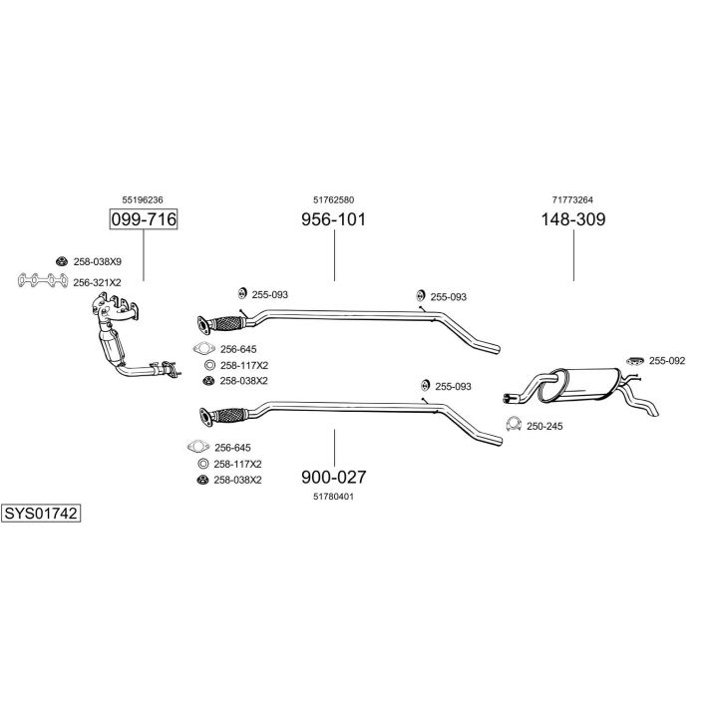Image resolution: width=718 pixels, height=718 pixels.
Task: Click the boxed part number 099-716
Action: (143, 219)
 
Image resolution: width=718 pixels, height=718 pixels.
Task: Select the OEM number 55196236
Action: (143, 199)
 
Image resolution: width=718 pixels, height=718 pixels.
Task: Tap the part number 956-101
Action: (333, 219)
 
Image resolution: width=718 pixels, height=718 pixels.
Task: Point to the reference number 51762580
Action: (333, 199)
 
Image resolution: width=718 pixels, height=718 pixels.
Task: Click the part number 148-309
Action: (573, 219)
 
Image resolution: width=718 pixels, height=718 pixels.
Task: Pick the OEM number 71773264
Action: (573, 199)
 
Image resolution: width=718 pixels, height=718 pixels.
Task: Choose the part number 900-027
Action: (333, 476)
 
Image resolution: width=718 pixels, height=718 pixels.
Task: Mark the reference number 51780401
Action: (333, 496)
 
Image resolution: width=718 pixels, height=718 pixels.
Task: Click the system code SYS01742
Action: (41, 514)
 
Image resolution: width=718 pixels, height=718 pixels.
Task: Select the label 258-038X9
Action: (97, 261)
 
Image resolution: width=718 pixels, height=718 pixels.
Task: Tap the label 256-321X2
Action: (97, 282)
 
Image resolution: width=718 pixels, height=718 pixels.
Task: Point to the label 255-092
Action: (667, 360)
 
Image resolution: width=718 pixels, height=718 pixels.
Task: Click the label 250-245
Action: (545, 426)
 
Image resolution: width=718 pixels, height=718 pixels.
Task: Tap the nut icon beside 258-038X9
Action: (61, 261)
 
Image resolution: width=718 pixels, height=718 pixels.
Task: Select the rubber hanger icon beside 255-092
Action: (634, 360)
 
